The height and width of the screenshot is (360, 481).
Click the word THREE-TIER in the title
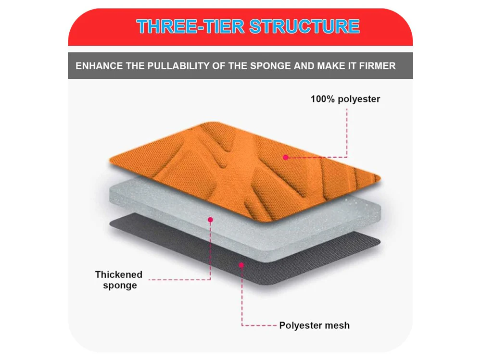[190, 26]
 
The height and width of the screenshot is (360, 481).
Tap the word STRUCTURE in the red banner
[304, 26]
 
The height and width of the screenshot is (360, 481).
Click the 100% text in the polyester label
[322, 99]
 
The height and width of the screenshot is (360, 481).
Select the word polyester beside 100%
[359, 99]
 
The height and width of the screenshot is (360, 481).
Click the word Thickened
[119, 274]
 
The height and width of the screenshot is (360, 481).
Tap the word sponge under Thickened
[120, 286]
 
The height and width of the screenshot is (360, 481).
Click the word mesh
[337, 325]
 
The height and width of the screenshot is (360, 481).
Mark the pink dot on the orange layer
[286, 157]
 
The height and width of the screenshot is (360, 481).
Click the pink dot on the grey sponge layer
[211, 220]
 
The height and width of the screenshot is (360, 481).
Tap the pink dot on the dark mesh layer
[242, 265]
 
